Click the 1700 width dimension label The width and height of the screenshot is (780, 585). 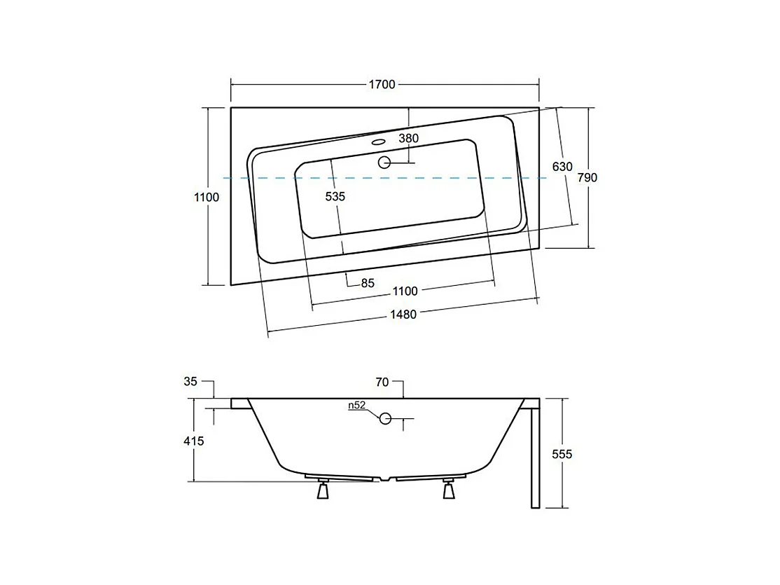point(383,85)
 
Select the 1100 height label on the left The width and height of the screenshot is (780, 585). point(207,198)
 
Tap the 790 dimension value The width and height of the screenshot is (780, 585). point(587,178)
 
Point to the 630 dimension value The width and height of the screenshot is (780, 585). point(562,167)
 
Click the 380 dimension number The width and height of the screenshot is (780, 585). point(409,139)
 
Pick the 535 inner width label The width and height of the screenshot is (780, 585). point(335,197)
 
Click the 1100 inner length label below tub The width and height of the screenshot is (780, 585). point(405,291)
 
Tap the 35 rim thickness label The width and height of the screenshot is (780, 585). point(190,382)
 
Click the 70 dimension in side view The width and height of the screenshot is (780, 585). point(382,382)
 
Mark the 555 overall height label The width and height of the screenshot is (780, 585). point(562,455)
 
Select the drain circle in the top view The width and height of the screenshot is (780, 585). point(384,163)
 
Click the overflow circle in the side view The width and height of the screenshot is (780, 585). point(385,419)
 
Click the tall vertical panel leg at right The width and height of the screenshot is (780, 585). point(536,455)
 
